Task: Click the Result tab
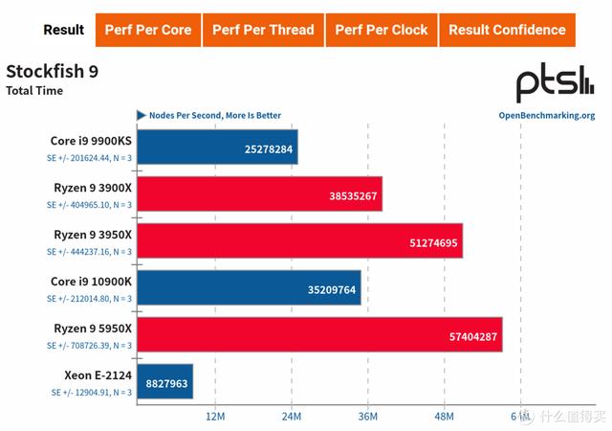pos(64,30)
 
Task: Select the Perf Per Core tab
pos(148,30)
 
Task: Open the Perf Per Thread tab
pos(263,30)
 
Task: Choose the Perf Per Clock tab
pos(382,30)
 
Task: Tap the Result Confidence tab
pos(507,30)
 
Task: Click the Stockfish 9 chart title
pos(52,72)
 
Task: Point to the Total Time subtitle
pos(34,91)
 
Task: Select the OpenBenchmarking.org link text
pos(547,116)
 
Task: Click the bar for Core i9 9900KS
pos(217,147)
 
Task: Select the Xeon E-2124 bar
pos(165,382)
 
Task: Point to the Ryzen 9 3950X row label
pos(90,235)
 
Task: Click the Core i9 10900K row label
pos(91,282)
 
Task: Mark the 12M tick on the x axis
pos(215,416)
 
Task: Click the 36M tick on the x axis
pos(368,416)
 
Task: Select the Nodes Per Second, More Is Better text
pos(215,116)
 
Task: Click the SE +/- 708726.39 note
pos(90,345)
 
